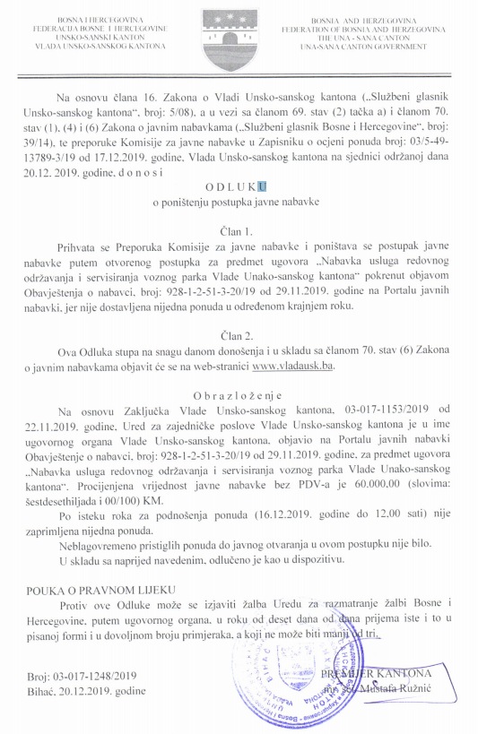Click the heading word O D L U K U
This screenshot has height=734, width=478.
[x=236, y=187]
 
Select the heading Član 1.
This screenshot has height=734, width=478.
[x=236, y=232]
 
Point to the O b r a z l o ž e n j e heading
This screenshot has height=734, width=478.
[x=236, y=394]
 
